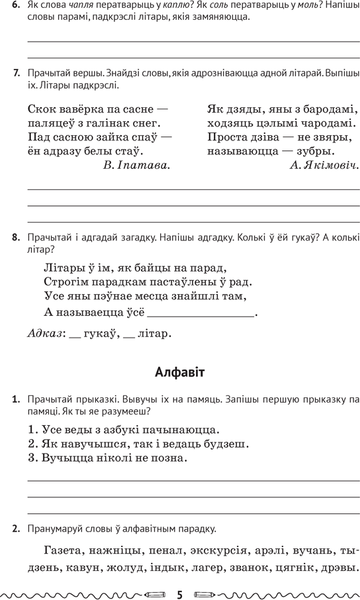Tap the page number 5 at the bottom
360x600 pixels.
(180, 592)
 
